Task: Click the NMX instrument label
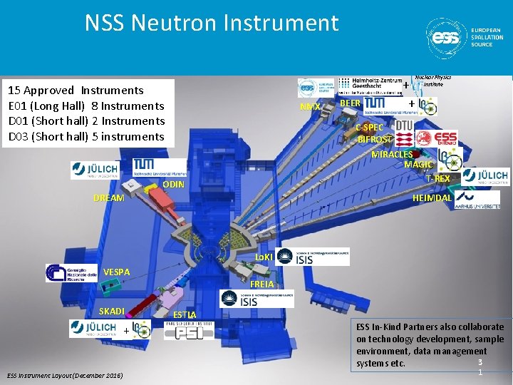310,106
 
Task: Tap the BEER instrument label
350,103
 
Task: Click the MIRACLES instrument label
392,154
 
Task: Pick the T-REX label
437,178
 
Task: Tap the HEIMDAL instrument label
432,198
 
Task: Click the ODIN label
174,185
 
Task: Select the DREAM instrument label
109,197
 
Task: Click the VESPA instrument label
116,272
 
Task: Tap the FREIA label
263,284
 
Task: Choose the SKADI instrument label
111,311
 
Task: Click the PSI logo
188,330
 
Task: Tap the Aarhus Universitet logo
478,198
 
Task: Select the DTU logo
403,125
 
